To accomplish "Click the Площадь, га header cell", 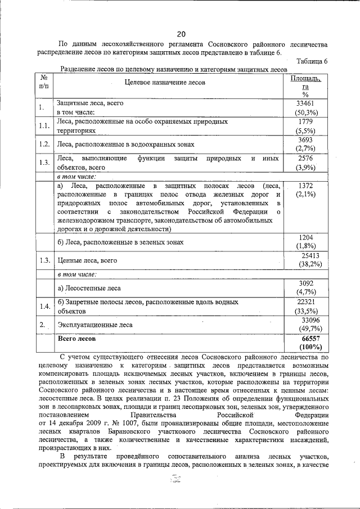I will [x=305, y=82].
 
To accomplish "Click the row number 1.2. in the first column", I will [x=44, y=145].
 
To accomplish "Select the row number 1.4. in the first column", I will [x=44, y=307].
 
